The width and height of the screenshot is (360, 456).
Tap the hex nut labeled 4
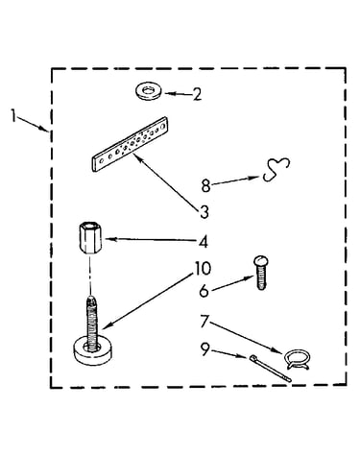90,238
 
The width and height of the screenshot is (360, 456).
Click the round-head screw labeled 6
261,272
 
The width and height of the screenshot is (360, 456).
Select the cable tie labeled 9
271,368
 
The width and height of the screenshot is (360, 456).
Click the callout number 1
13,116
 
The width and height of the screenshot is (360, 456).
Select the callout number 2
197,95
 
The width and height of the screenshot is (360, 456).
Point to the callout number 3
204,212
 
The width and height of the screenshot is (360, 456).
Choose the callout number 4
204,242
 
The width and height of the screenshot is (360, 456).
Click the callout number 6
204,291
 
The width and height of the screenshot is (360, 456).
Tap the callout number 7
204,322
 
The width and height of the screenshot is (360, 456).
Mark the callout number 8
205,185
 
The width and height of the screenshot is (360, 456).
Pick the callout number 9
204,349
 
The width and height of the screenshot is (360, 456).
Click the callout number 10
202,269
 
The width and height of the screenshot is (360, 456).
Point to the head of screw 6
261,260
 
